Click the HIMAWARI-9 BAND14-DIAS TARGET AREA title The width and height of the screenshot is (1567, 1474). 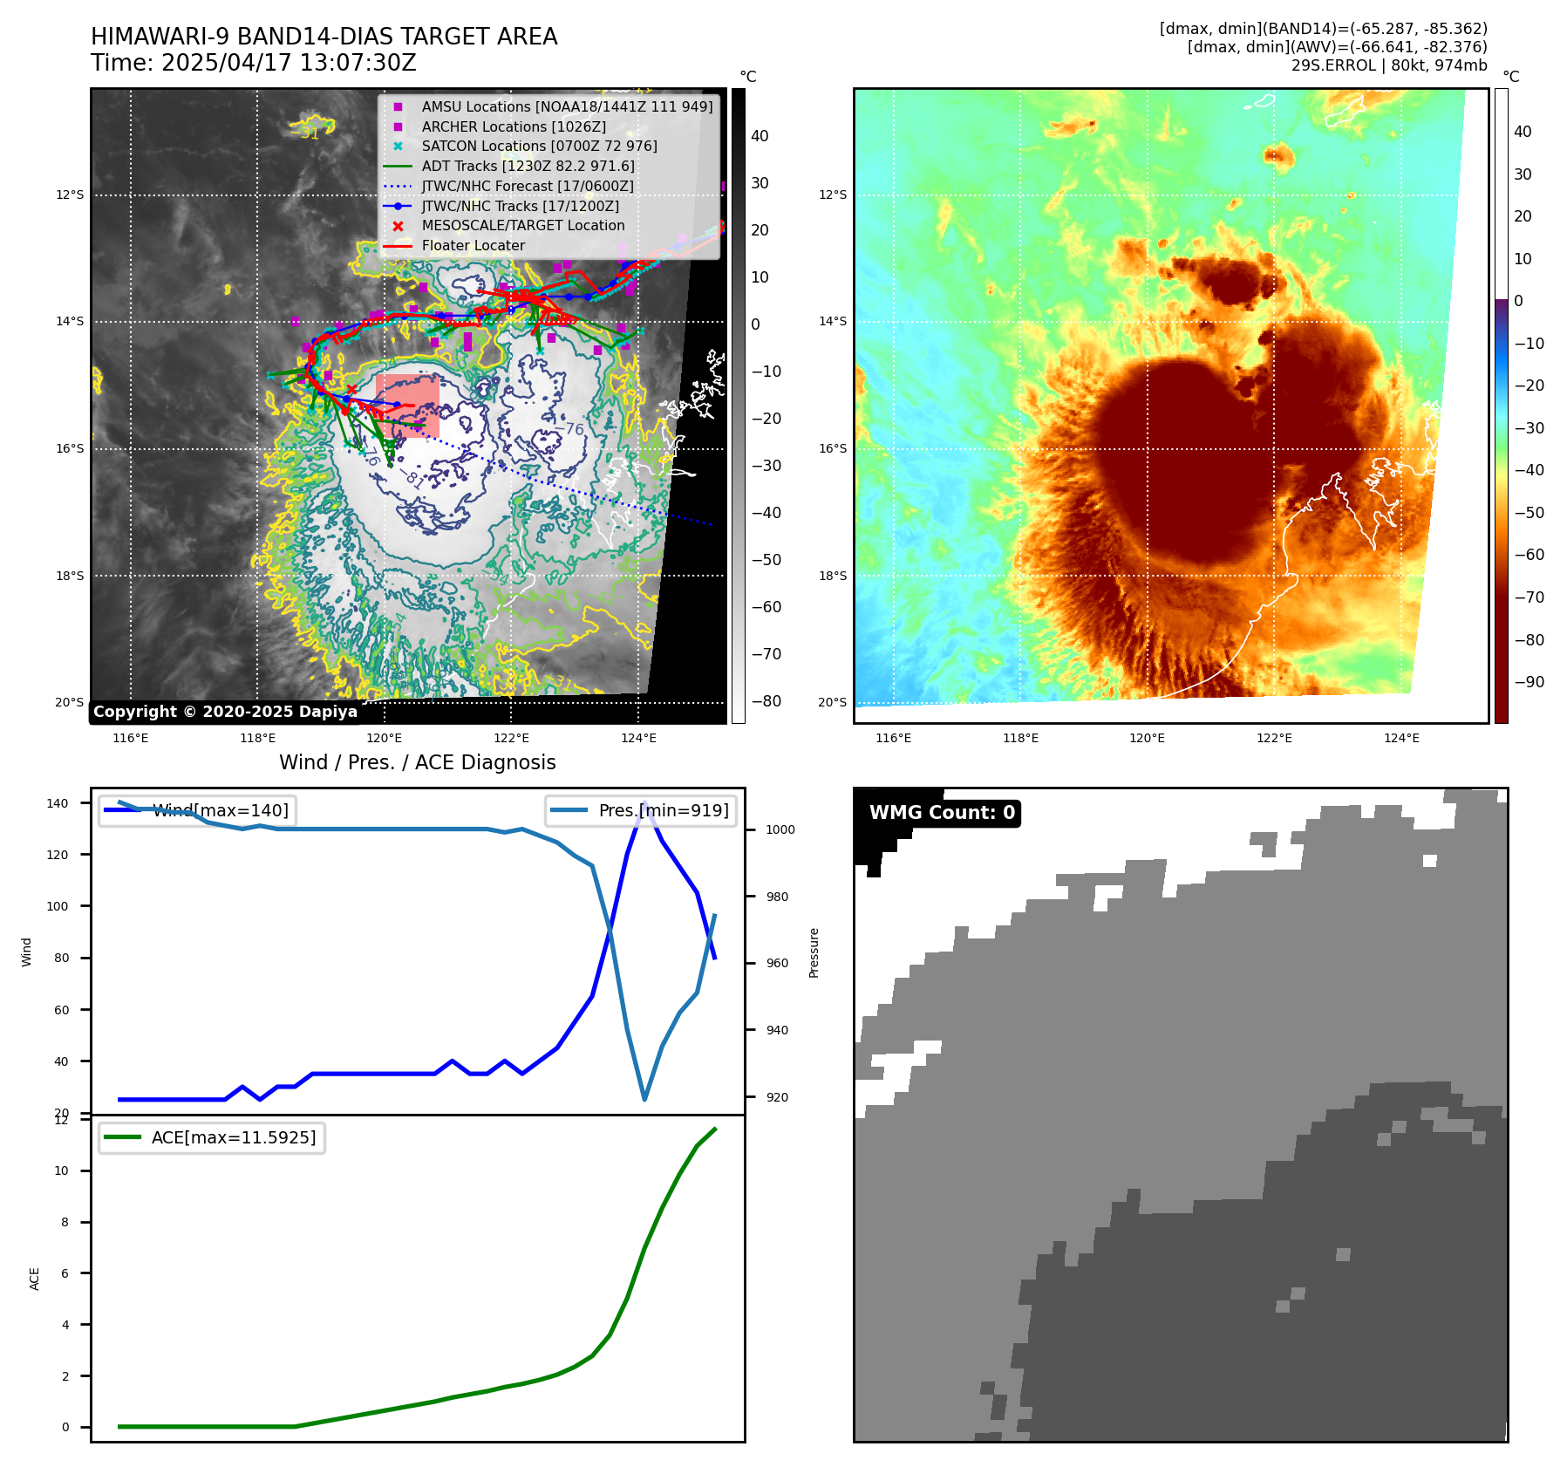pyautogui.click(x=324, y=37)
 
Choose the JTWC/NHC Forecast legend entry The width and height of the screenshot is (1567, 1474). pyautogui.click(x=527, y=186)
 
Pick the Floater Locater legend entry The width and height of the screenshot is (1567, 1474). pyautogui.click(x=473, y=246)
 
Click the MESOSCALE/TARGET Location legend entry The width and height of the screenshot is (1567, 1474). pyautogui.click(x=522, y=226)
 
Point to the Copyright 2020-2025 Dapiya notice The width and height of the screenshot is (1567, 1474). pyautogui.click(x=225, y=712)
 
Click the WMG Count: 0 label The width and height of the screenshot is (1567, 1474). pyautogui.click(x=942, y=813)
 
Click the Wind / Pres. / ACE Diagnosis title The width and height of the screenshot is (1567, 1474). pyautogui.click(x=417, y=762)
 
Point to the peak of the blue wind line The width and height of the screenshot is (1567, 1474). pyautogui.click(x=644, y=803)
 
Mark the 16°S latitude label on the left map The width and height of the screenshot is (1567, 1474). pyautogui.click(x=70, y=448)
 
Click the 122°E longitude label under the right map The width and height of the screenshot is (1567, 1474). pyautogui.click(x=1274, y=738)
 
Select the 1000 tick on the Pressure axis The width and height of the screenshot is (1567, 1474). pyautogui.click(x=780, y=829)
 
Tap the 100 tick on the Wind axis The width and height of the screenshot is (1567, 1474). pyautogui.click(x=57, y=906)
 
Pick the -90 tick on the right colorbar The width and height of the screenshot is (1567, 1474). pyautogui.click(x=1529, y=682)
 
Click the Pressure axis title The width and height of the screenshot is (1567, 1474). pyautogui.click(x=814, y=952)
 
